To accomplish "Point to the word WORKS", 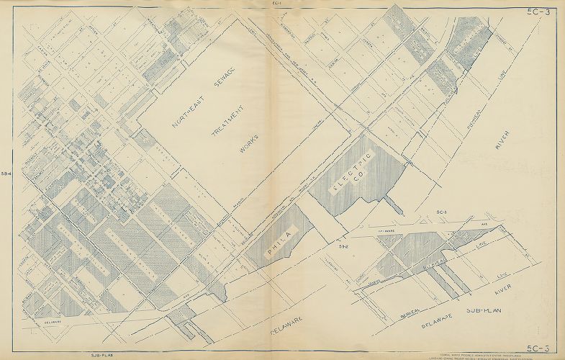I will pos(249,141).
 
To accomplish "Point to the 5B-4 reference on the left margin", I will pos(6,173).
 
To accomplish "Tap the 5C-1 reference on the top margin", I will pos(276,4).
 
